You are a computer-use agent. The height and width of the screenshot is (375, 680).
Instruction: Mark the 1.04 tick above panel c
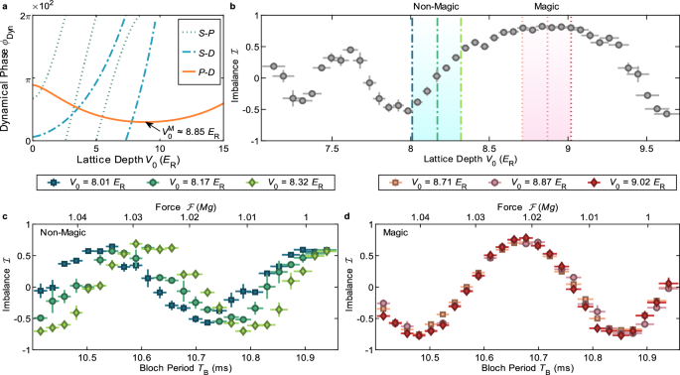(x=73, y=214)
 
